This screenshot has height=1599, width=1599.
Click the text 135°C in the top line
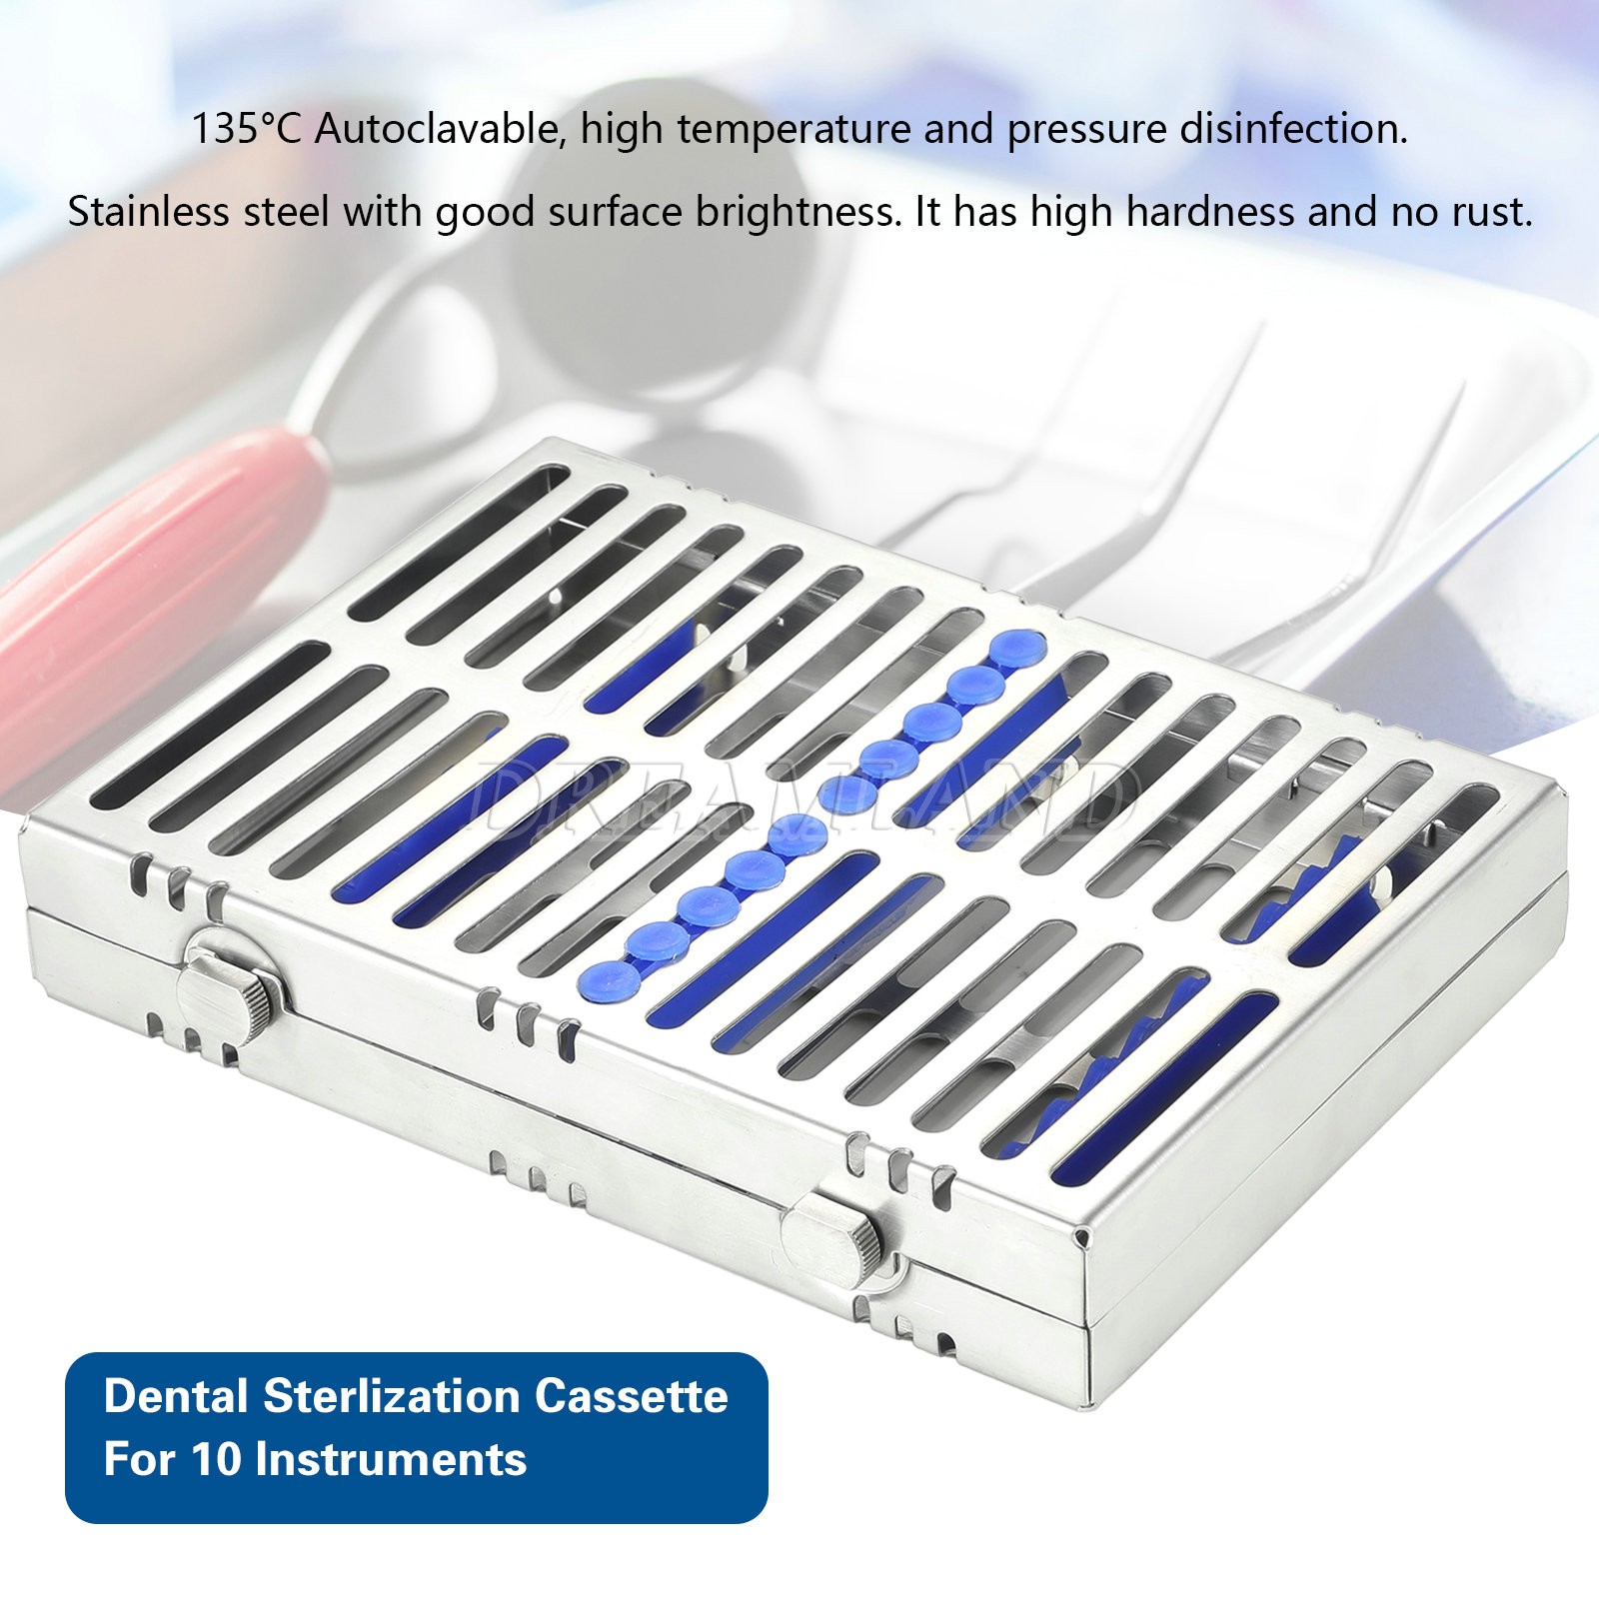(245, 130)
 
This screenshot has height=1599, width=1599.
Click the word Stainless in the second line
(148, 212)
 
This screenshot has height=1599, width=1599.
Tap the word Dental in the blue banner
(176, 1396)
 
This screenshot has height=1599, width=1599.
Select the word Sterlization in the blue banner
(391, 1396)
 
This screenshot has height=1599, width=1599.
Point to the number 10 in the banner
(216, 1459)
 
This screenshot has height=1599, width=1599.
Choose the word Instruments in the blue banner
(391, 1459)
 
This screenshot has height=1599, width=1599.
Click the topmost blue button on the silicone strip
(1017, 648)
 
